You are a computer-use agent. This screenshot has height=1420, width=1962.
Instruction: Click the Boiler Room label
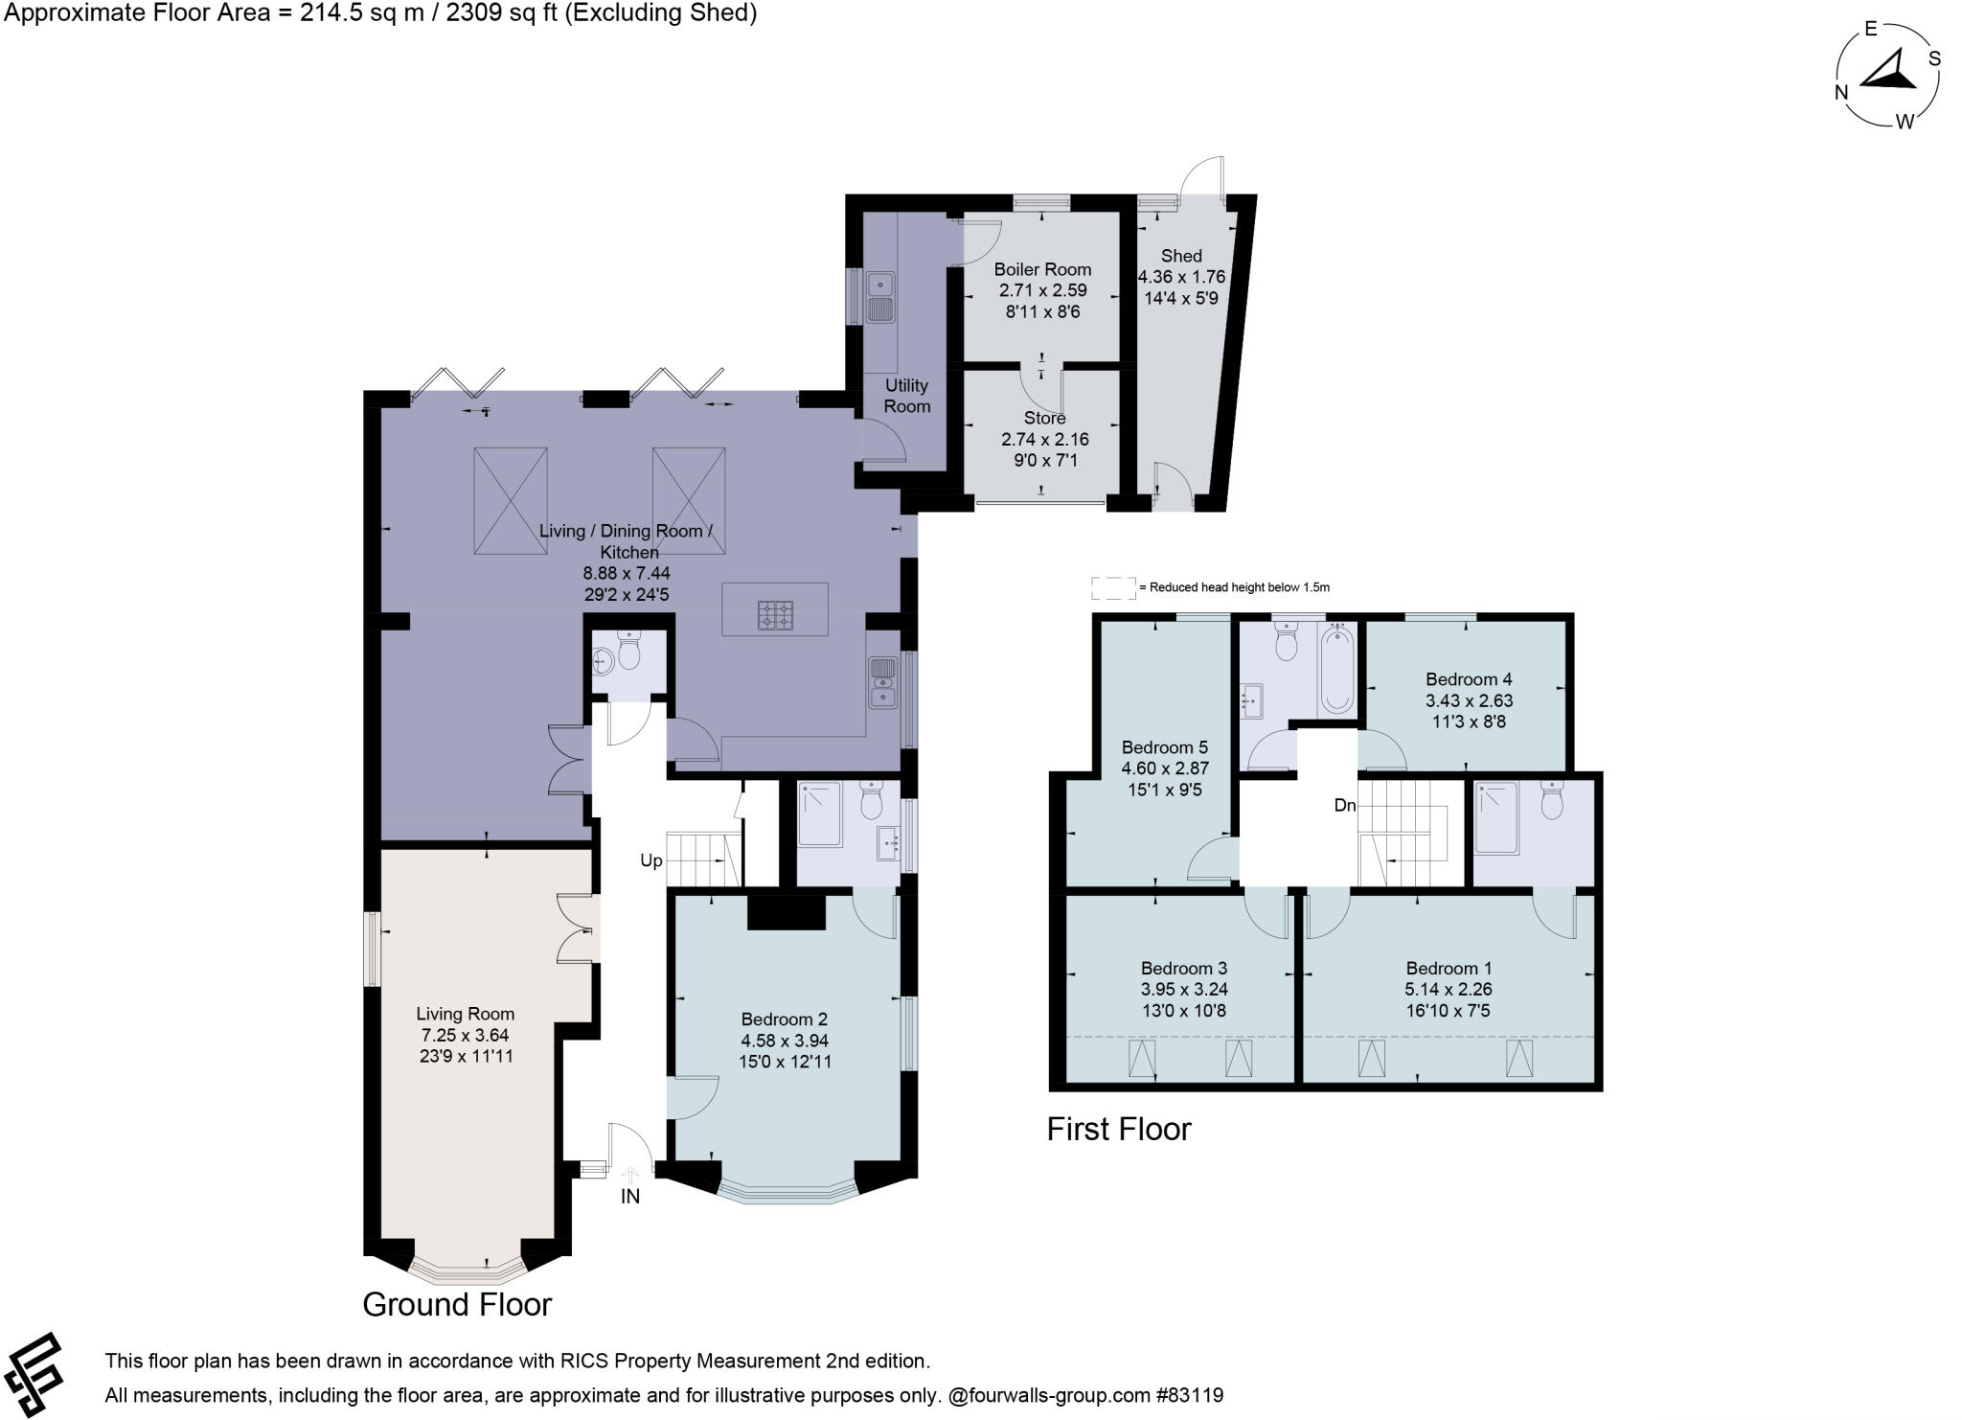(1042, 269)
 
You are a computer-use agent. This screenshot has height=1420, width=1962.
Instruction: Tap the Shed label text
(1180, 256)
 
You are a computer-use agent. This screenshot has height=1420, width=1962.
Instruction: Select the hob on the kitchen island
(775, 615)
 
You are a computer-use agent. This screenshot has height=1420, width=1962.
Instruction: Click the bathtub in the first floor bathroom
(1336, 670)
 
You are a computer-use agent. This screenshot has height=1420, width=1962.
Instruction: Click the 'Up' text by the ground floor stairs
(650, 860)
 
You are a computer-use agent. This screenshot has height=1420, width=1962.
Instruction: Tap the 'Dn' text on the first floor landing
(1344, 806)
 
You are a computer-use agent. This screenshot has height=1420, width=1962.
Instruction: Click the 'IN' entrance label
(629, 1197)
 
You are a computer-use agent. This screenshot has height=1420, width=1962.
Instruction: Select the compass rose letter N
(1840, 92)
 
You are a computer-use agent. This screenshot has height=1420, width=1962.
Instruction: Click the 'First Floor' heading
(1118, 1129)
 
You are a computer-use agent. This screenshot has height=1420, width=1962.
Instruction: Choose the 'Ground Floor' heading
(457, 1304)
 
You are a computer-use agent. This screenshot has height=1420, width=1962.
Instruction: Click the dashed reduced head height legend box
(1112, 587)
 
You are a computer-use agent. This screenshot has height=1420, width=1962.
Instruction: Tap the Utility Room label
(906, 396)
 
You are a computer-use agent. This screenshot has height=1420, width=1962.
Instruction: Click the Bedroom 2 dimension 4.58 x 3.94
(784, 1041)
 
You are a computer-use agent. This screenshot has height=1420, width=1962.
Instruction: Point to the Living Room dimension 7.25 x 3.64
(465, 1035)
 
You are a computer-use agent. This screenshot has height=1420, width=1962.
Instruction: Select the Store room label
(1044, 419)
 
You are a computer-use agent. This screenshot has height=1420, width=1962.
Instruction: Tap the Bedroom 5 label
(1164, 747)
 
